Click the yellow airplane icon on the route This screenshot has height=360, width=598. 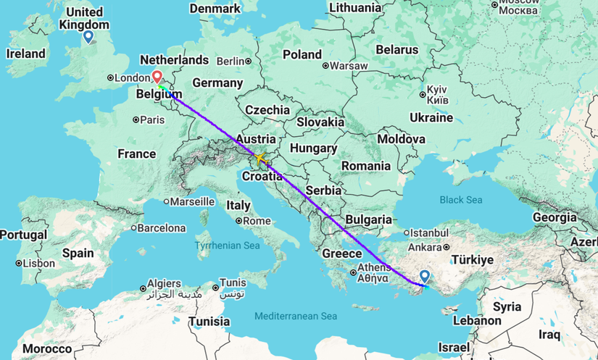pyautogui.click(x=260, y=157)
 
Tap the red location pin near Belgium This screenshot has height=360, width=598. pyautogui.click(x=157, y=76)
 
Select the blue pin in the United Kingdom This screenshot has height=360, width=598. pyautogui.click(x=88, y=37)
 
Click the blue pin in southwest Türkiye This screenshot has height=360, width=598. pyautogui.click(x=424, y=277)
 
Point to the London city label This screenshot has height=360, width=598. pyautogui.click(x=131, y=78)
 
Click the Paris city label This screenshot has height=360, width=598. pyautogui.click(x=152, y=120)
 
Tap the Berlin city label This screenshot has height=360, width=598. pyautogui.click(x=231, y=61)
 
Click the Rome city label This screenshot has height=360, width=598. pyautogui.click(x=257, y=221)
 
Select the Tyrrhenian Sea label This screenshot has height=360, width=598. pyautogui.click(x=227, y=246)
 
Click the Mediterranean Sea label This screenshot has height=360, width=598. pyautogui.click(x=296, y=317)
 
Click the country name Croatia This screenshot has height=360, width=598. pyautogui.click(x=262, y=176)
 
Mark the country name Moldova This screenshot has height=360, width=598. pyautogui.click(x=400, y=138)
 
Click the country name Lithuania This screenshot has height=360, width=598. pyautogui.click(x=354, y=7)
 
